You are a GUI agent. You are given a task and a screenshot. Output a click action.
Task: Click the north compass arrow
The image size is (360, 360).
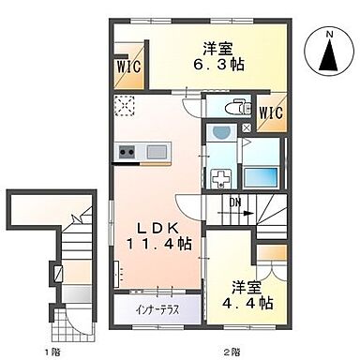(x=329, y=59)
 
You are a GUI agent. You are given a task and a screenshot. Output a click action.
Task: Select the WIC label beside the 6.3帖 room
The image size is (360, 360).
(x=129, y=67)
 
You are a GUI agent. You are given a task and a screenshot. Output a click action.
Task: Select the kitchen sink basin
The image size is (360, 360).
(x=156, y=152)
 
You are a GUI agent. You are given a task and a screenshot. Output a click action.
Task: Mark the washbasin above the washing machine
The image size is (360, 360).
(x=224, y=133)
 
